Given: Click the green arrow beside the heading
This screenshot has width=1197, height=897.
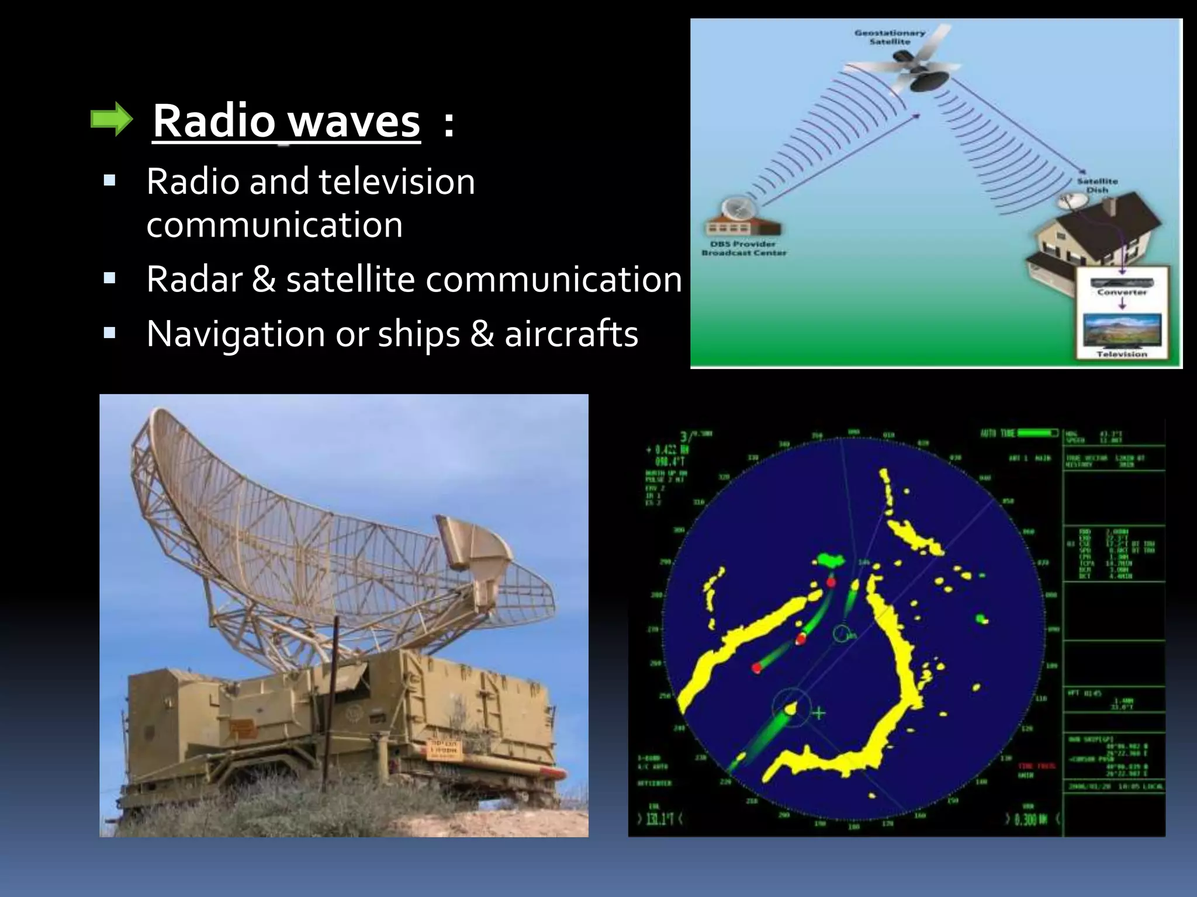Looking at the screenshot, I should click(x=112, y=120).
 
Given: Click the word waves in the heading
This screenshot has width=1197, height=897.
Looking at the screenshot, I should click(x=355, y=121).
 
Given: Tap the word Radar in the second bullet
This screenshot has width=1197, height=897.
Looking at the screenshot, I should click(x=193, y=279).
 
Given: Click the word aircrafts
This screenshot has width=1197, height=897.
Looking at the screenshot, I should click(x=571, y=334).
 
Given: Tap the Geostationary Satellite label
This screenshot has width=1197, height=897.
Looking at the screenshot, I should click(x=890, y=37).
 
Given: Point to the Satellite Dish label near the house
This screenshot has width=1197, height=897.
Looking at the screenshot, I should click(x=1097, y=185).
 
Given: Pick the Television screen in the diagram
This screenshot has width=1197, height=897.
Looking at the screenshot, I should click(x=1121, y=331).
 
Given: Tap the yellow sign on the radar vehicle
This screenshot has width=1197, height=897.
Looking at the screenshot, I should click(x=445, y=749).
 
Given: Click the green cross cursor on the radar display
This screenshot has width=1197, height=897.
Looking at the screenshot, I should click(x=819, y=713).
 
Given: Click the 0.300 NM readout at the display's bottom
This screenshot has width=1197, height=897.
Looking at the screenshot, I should click(x=1030, y=819).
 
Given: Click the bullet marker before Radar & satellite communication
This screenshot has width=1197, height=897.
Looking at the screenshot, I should click(x=109, y=279).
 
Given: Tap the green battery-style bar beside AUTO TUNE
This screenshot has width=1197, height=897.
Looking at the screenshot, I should click(x=1038, y=433).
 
